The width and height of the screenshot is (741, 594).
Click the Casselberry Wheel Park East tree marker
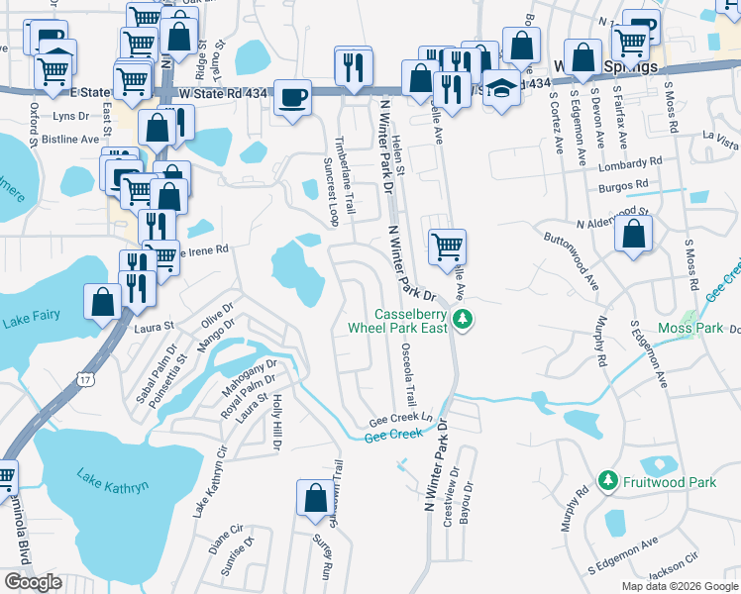462,319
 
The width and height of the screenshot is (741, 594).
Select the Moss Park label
689,328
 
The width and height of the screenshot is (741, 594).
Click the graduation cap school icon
502,88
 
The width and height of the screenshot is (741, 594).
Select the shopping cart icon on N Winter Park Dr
448,245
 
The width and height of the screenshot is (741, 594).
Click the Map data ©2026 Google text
678,586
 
